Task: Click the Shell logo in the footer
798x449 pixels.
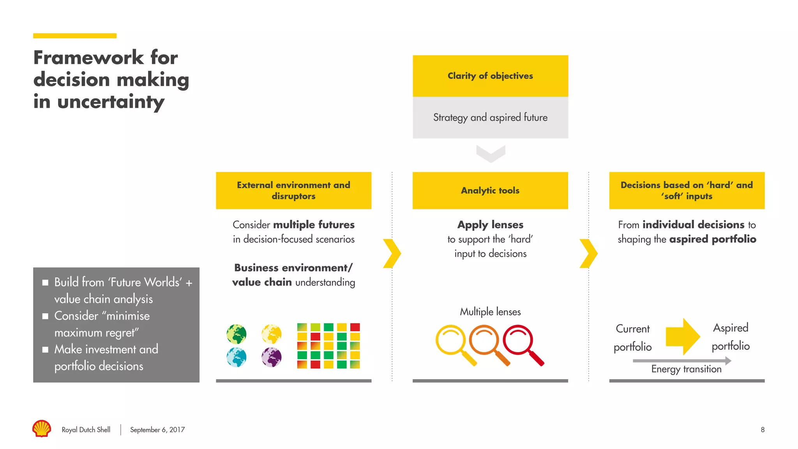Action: click(x=42, y=429)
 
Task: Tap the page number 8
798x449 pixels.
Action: click(x=763, y=430)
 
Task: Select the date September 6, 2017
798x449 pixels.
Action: click(x=157, y=430)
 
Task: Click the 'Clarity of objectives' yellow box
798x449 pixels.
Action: click(x=490, y=76)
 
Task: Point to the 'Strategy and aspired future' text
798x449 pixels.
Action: click(x=490, y=117)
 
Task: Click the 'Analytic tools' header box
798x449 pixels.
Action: click(x=490, y=190)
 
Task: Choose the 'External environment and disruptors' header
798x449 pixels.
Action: click(x=293, y=190)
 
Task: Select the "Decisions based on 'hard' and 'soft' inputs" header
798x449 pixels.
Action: click(x=687, y=190)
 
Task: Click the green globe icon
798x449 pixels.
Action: click(x=237, y=334)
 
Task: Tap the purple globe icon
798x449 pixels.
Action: click(x=272, y=357)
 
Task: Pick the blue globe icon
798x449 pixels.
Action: click(x=237, y=357)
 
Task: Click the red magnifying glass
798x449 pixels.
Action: click(x=520, y=342)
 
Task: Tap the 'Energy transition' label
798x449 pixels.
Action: click(x=686, y=369)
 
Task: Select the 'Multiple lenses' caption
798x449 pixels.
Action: click(x=490, y=312)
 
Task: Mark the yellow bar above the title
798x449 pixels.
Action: click(x=75, y=36)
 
